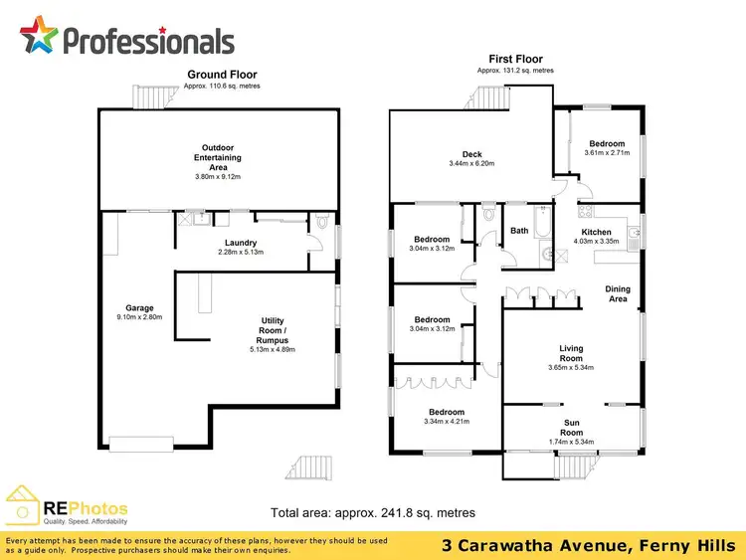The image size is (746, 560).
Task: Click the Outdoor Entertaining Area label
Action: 218,157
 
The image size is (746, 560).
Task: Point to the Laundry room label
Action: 241,243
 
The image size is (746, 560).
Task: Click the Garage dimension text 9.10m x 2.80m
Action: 139,318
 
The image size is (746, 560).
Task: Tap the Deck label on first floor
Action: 471,154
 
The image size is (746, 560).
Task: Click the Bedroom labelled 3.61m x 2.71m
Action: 606,144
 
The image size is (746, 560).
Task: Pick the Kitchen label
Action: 597,233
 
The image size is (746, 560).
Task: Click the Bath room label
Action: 519,231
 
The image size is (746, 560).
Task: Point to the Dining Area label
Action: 618,293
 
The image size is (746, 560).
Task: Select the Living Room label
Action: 571,353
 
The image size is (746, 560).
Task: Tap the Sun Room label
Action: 571,428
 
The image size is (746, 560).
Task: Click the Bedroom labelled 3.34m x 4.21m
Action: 447,412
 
